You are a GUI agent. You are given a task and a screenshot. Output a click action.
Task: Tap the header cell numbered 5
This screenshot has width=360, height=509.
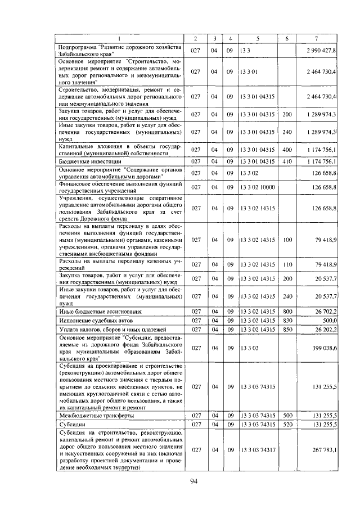point(257,38)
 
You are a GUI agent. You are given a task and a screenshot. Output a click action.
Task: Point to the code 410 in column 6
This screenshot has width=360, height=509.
point(287,161)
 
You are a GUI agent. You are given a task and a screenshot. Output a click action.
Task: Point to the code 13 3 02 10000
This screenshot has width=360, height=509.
point(258,187)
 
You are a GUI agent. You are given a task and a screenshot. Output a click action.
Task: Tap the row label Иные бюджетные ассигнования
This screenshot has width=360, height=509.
point(93,311)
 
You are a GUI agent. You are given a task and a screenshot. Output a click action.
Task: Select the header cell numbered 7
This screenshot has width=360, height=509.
point(317,38)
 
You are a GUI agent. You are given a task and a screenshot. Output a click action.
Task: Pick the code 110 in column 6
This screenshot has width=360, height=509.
point(287,264)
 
